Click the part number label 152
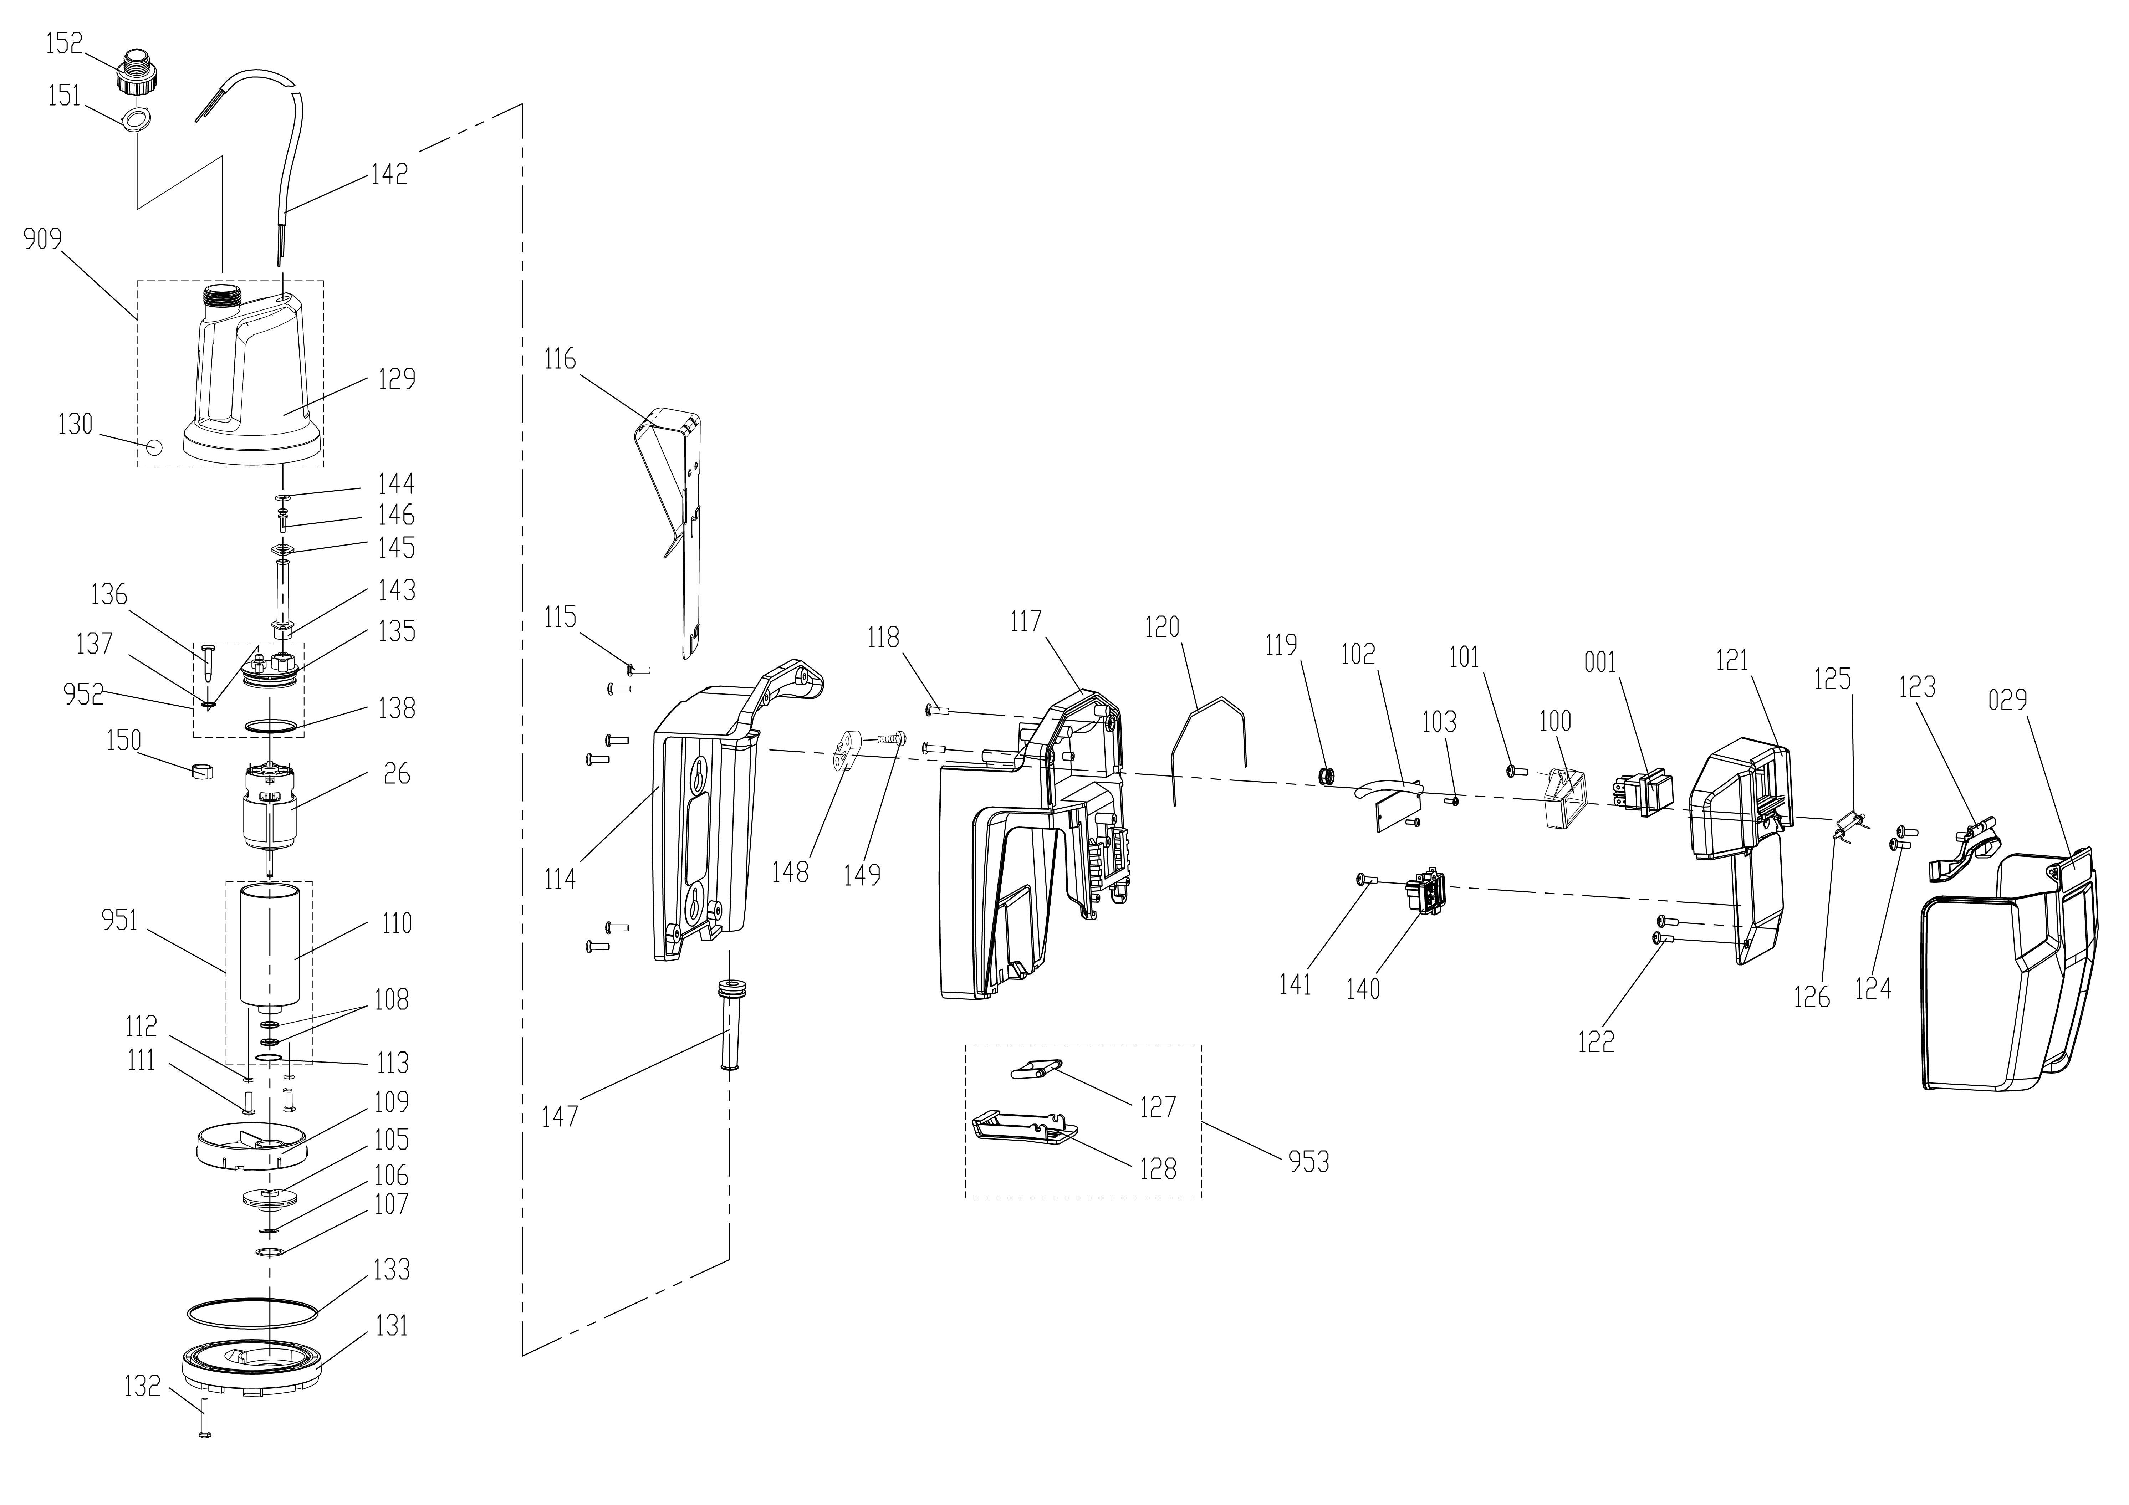pyautogui.click(x=64, y=43)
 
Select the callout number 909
pyautogui.click(x=43, y=240)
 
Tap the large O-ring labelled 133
pyautogui.click(x=252, y=1313)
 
